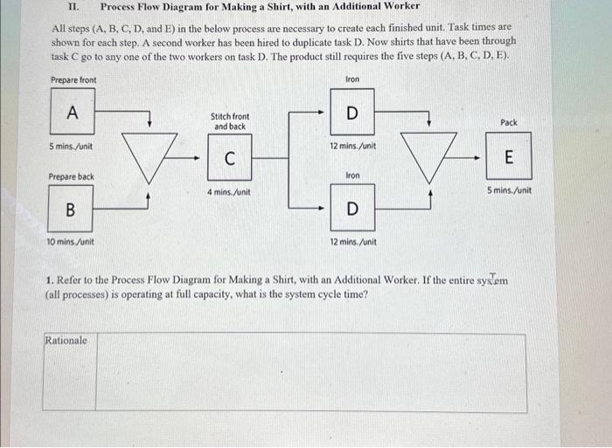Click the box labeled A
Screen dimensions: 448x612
73,113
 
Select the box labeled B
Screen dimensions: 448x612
70,210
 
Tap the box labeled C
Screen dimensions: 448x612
229,159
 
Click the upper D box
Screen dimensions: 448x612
352,113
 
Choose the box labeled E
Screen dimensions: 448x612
509,157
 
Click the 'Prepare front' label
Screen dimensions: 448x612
73,80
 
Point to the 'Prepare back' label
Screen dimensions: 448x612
73,176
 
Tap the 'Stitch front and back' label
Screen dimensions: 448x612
229,121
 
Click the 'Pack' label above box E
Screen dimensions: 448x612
509,123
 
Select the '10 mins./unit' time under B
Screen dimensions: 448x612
71,242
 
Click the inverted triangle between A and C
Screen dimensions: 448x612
148,155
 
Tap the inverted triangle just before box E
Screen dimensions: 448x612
428,155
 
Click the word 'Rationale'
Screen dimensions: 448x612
66,341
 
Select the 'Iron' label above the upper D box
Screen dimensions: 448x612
352,79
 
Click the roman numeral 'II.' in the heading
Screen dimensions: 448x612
73,6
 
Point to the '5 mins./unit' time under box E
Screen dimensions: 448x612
509,190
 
